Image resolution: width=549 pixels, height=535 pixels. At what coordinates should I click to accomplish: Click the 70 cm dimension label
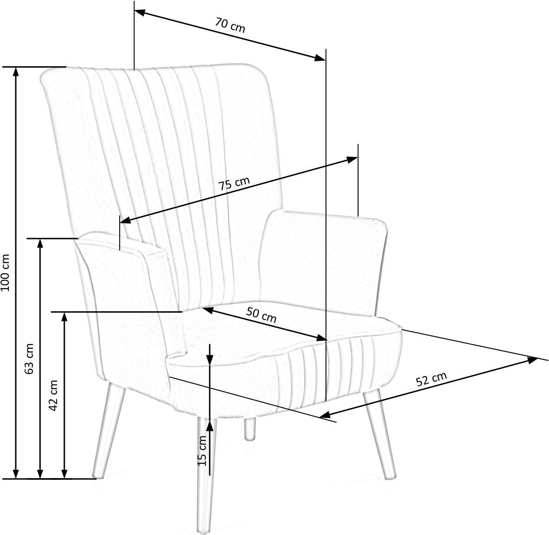pyautogui.click(x=230, y=25)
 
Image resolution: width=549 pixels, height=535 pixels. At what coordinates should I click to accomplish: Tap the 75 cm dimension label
pyautogui.click(x=234, y=183)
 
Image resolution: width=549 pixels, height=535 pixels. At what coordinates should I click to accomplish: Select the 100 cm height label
pyautogui.click(x=6, y=273)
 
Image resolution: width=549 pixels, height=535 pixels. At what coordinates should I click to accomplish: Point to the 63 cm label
pyautogui.click(x=30, y=359)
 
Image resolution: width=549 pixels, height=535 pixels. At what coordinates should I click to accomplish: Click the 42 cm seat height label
pyautogui.click(x=53, y=396)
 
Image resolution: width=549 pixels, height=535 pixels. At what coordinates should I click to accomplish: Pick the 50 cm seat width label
pyautogui.click(x=261, y=315)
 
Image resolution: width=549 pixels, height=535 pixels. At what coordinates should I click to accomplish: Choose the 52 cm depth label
pyautogui.click(x=431, y=379)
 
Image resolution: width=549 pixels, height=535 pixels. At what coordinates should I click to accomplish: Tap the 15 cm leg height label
pyautogui.click(x=203, y=451)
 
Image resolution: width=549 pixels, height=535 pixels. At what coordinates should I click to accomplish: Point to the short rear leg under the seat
pyautogui.click(x=249, y=429)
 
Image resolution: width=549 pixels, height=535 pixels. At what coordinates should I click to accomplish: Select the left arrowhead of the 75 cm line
pyautogui.click(x=126, y=220)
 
